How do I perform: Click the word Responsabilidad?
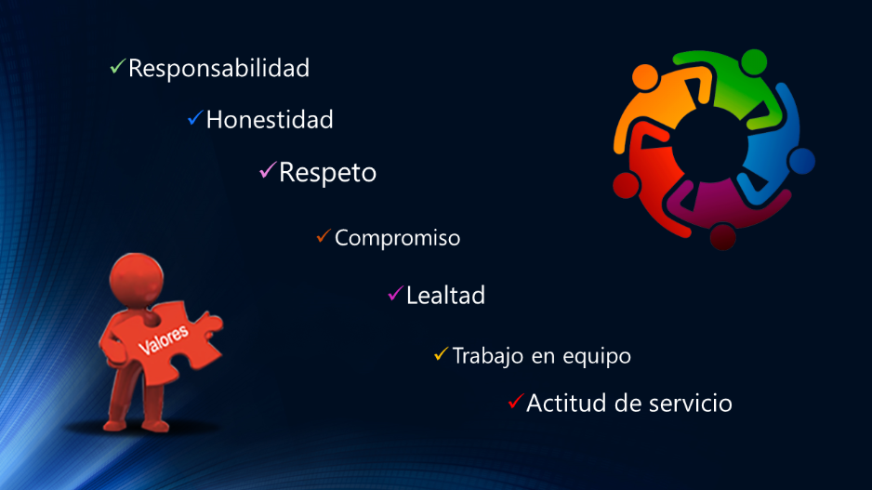point(218,69)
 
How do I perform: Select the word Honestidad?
point(270,120)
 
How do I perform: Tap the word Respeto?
point(327,173)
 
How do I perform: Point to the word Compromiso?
point(398,238)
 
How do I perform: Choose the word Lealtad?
point(445,296)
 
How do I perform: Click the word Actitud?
point(566,404)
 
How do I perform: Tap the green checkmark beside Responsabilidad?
point(117,66)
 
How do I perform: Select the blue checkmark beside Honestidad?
point(195,117)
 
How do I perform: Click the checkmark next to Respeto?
point(268,169)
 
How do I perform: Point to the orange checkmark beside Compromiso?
point(324,236)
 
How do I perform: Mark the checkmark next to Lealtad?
point(395,293)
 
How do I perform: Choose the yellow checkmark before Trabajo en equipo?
point(441,353)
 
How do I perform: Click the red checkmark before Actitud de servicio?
point(516,401)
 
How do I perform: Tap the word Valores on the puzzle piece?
point(163,339)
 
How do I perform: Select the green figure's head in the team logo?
point(754,62)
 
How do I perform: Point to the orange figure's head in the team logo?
point(645,77)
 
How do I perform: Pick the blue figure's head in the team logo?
point(801,161)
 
